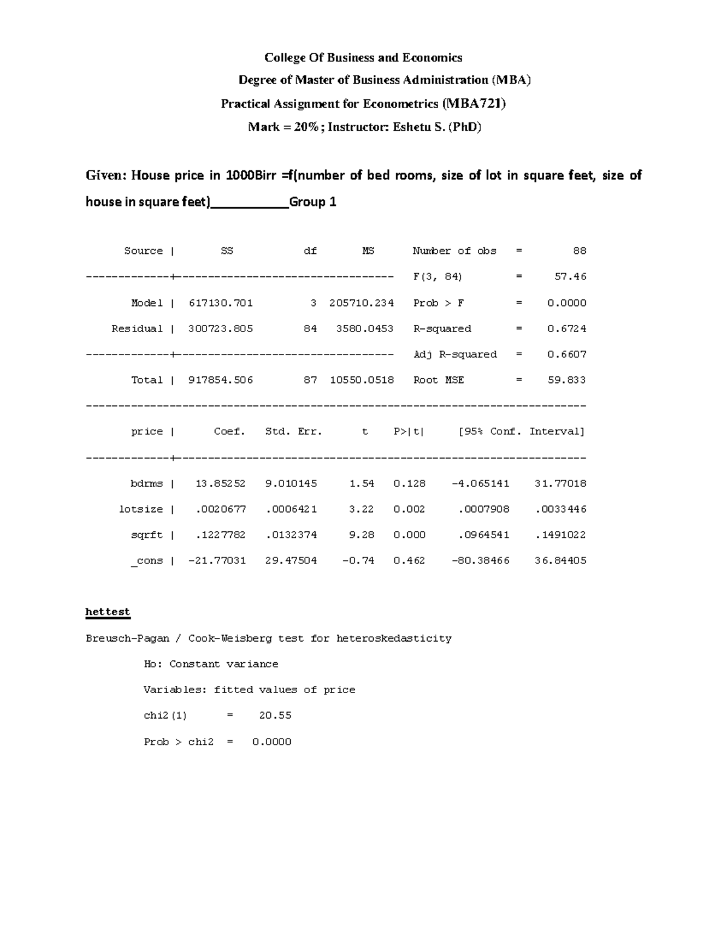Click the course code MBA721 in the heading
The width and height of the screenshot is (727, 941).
click(x=473, y=104)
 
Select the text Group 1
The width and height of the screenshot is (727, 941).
click(x=313, y=202)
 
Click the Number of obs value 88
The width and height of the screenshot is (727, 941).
click(x=579, y=251)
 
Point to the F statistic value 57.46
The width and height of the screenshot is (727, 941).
click(x=570, y=277)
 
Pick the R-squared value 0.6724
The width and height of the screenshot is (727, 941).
click(x=566, y=328)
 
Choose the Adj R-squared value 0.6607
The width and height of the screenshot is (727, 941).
click(x=566, y=354)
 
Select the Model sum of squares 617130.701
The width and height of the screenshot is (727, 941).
click(x=221, y=303)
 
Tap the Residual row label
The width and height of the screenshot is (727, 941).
click(x=137, y=328)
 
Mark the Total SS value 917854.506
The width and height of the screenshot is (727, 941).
click(x=221, y=380)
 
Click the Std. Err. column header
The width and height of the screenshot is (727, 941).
click(x=293, y=431)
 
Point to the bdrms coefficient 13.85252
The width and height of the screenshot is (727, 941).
click(x=221, y=484)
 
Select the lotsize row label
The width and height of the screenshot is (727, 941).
click(x=141, y=509)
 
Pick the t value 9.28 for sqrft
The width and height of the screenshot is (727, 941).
click(x=361, y=535)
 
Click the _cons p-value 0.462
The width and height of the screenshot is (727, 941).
click(x=409, y=560)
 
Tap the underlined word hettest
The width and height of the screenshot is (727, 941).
click(x=108, y=612)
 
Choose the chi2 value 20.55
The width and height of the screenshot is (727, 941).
click(x=275, y=716)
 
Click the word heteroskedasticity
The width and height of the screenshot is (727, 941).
click(x=394, y=638)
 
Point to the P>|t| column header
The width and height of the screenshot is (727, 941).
click(x=409, y=431)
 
